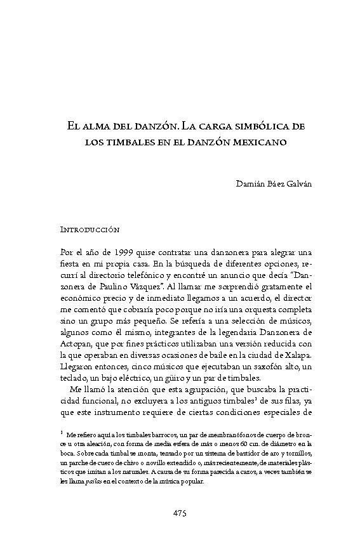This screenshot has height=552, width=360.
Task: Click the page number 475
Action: (180, 513)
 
